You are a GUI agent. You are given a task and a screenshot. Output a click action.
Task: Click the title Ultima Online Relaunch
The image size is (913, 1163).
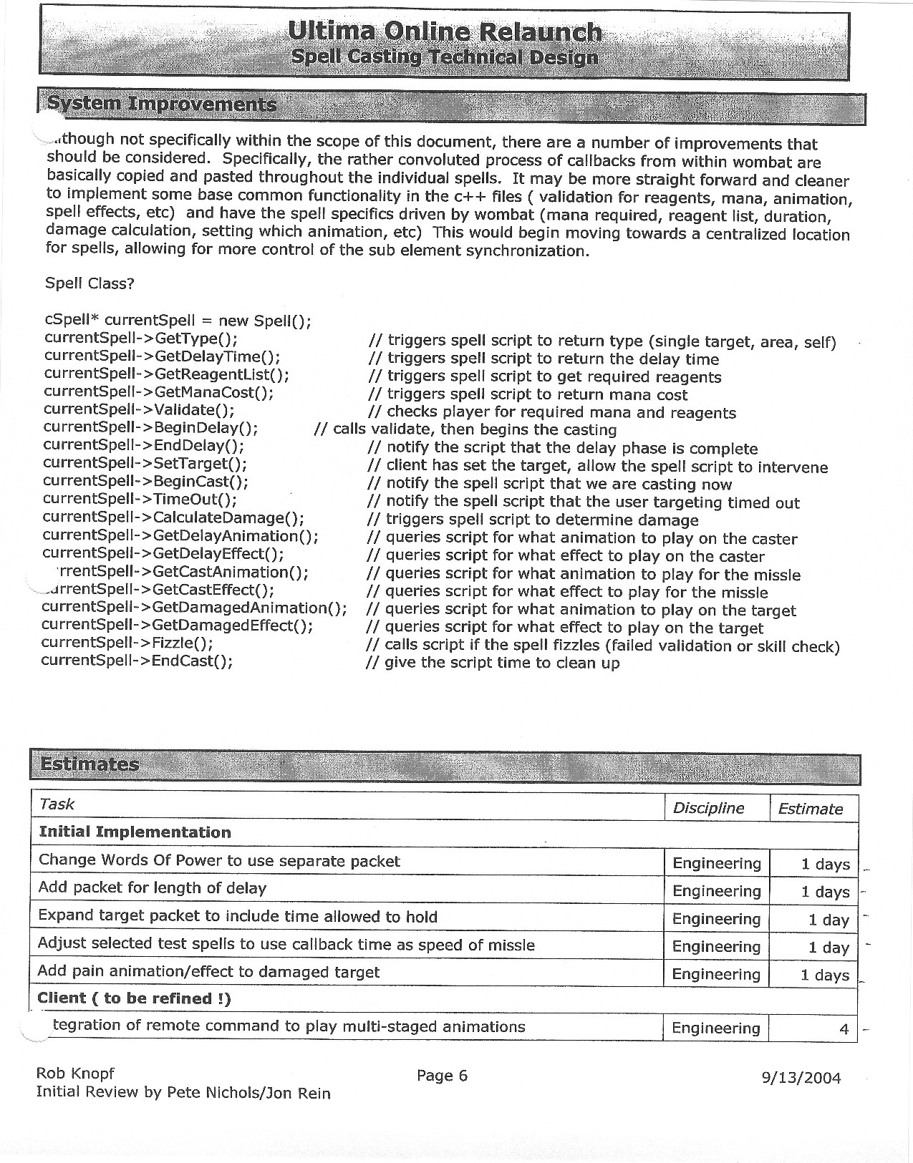point(444,31)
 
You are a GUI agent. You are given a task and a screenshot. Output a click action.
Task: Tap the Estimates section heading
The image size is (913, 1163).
point(90,764)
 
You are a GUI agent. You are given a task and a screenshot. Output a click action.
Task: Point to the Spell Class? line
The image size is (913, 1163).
point(90,283)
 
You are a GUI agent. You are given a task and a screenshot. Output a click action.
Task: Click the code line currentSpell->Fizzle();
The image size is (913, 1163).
point(127,643)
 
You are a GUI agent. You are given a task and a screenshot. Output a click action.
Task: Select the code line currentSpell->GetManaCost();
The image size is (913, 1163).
point(158,391)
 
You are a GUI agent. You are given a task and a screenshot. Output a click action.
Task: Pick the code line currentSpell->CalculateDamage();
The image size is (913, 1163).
point(173,517)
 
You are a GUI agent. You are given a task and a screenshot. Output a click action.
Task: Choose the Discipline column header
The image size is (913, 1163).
point(708,808)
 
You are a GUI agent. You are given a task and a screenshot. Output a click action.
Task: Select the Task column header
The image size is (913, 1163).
point(57,804)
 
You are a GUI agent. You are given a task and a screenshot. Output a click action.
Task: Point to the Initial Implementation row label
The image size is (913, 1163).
point(135,832)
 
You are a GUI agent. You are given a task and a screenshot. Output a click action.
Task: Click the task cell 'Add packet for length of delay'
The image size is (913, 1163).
point(152,888)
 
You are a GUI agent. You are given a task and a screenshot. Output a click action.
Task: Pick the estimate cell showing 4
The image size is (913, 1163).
point(844,1029)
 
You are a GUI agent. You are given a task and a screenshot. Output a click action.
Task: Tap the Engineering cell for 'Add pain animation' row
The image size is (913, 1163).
point(716,974)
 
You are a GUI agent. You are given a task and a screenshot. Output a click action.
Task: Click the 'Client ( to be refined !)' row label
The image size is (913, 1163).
point(134,998)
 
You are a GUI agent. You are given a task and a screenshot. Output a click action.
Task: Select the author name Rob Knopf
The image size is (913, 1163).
point(75,1074)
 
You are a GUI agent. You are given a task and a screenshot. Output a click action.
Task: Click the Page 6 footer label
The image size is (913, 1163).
point(442,1076)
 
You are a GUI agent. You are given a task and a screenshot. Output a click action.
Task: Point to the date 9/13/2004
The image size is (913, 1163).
point(801,1078)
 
